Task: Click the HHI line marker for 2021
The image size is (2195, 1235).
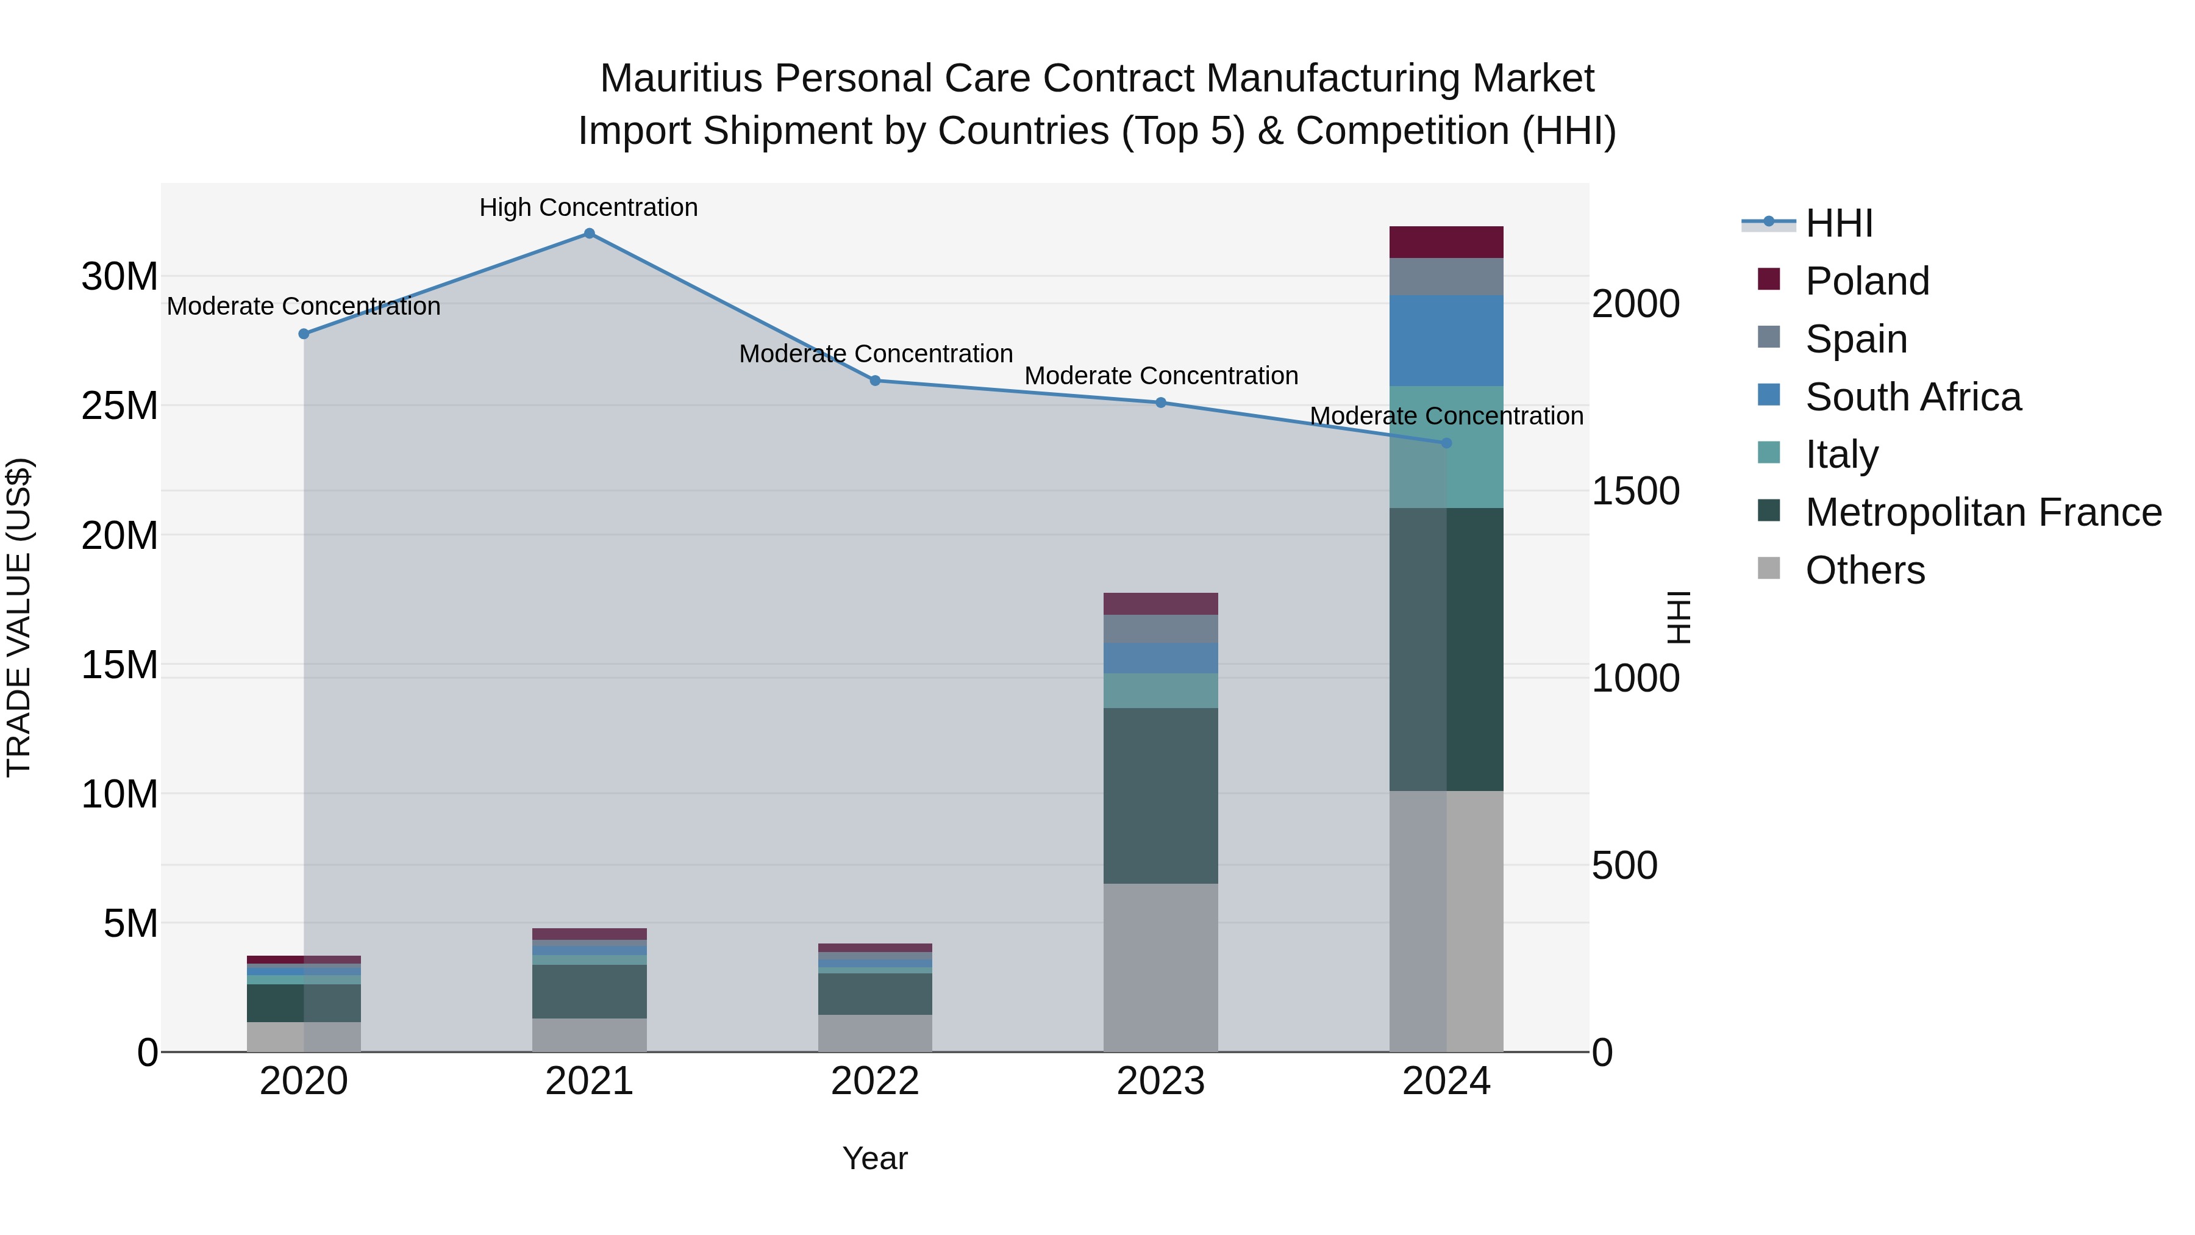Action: click(x=589, y=234)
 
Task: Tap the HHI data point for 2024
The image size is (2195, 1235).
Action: click(x=1446, y=443)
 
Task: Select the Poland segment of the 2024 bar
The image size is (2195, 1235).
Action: click(x=1446, y=242)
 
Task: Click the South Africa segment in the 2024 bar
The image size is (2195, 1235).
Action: click(x=1446, y=340)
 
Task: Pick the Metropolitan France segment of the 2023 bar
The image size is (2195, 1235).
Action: click(x=1160, y=795)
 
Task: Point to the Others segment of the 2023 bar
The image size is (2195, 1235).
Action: click(x=1160, y=967)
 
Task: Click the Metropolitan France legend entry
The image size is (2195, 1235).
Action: click(x=1982, y=512)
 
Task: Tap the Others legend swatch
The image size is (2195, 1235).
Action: click(x=1769, y=568)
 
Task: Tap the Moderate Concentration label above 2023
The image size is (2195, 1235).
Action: click(x=1160, y=376)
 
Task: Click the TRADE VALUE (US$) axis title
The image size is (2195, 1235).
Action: click(x=19, y=617)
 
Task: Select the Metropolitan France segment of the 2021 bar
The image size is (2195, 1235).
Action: click(x=589, y=991)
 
